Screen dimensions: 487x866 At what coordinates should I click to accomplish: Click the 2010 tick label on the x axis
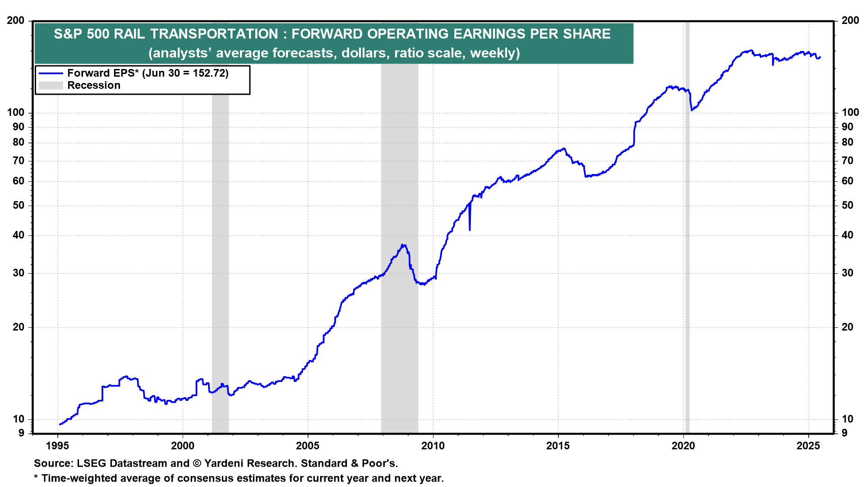[433, 446]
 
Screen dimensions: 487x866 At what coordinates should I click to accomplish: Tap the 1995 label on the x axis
[57, 446]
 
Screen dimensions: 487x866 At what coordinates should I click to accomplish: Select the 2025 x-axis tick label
[808, 446]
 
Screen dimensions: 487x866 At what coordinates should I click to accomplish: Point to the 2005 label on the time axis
[308, 446]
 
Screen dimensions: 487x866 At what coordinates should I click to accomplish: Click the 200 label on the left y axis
[16, 21]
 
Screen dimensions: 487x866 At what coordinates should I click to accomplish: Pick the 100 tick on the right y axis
[850, 113]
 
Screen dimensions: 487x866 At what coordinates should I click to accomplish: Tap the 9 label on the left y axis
[21, 433]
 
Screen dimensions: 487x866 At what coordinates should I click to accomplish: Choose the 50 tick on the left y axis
[18, 206]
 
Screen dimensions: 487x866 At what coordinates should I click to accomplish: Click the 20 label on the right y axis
[848, 327]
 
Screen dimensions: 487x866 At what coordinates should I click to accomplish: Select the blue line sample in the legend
[51, 73]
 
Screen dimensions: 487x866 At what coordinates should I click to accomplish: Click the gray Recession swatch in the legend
[51, 86]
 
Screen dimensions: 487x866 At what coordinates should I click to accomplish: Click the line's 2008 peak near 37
[403, 245]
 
